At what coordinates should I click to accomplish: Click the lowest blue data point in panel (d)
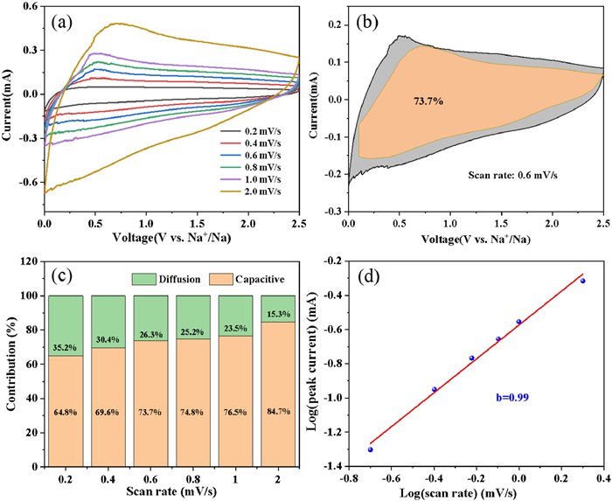click(x=370, y=449)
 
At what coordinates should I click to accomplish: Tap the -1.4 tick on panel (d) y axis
click(x=333, y=465)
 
